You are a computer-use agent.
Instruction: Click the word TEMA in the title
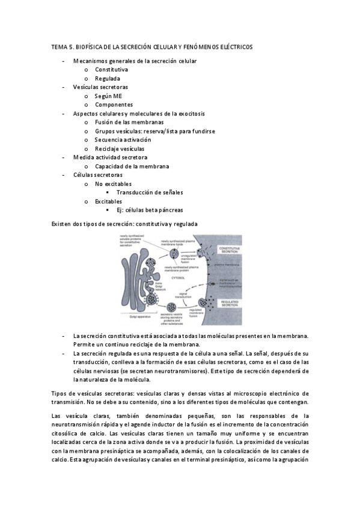pos(59,46)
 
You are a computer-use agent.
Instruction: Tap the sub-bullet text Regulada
pos(108,78)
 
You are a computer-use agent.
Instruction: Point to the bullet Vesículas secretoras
pos(100,87)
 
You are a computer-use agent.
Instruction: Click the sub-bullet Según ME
pos(108,96)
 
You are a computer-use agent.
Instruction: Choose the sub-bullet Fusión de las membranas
pos(129,122)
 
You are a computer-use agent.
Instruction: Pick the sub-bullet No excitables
pos(114,183)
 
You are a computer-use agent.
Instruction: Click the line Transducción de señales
pos(150,192)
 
